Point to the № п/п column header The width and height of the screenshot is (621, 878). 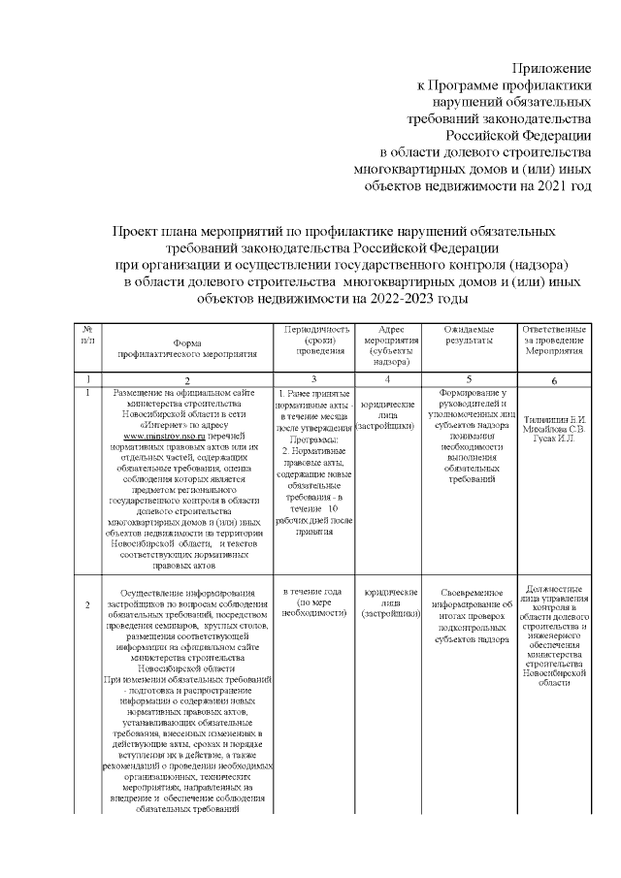(88, 337)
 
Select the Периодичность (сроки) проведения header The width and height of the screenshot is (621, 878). (313, 341)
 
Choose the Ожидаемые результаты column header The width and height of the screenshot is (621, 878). (470, 336)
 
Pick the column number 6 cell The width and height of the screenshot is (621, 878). (553, 382)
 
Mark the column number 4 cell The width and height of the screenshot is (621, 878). (390, 378)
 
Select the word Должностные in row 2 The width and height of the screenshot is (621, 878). (553, 587)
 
